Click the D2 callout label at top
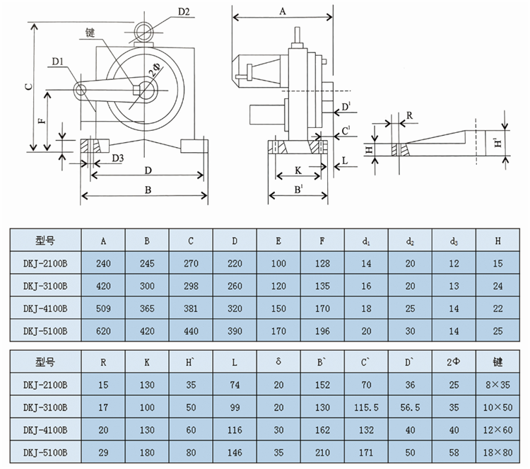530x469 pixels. point(184,12)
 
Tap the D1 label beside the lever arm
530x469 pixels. point(58,62)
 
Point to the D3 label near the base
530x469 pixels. point(118,158)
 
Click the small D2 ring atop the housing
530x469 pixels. point(144,32)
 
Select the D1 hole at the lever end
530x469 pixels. point(81,90)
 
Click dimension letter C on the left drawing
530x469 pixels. point(30,86)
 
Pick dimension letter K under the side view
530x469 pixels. point(298,170)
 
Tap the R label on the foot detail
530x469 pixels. point(409,116)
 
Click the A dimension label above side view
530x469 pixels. point(283,11)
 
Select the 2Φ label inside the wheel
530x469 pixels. point(155,69)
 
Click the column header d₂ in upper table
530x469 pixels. point(410,241)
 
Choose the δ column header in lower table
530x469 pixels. point(278,361)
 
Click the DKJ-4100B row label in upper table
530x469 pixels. point(45,308)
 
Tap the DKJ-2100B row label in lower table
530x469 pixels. point(45,385)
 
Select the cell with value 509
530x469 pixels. point(103,308)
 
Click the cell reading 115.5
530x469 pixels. point(366,407)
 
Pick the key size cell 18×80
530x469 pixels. point(498,453)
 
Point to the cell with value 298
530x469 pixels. point(191,286)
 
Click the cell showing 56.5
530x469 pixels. point(410,407)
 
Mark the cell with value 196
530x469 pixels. point(322,331)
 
